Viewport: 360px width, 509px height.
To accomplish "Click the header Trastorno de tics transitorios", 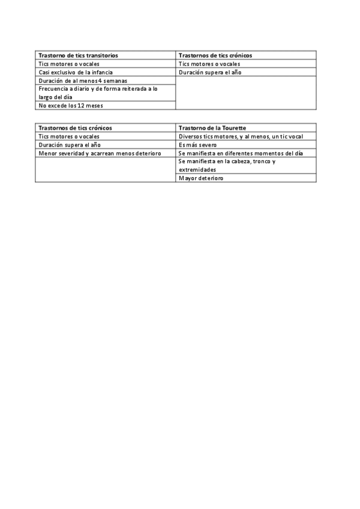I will pos(78,55).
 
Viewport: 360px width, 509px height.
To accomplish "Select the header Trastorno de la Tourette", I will pos(212,128).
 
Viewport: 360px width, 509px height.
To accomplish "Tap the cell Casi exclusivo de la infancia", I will pos(75,72).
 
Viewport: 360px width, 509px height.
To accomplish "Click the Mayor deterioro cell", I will pos(200,178).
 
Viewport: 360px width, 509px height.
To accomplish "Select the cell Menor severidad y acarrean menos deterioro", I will pos(100,153).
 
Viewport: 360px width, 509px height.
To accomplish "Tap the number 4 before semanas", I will pos(100,80).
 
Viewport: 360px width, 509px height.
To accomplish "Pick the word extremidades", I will pos(197,170).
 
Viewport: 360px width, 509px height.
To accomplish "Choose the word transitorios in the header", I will pos(101,55).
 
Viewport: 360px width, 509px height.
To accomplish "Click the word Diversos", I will pos(190,136).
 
